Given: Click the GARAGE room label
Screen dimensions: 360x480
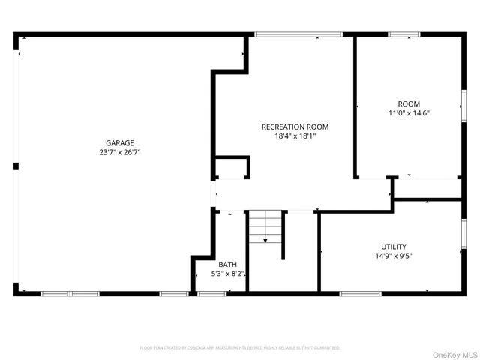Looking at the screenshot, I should (119, 142).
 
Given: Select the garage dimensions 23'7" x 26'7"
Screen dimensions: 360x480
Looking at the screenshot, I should (119, 152).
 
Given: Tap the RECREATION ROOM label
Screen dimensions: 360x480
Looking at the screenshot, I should (295, 127).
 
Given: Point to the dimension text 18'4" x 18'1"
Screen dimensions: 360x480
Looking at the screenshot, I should (295, 136).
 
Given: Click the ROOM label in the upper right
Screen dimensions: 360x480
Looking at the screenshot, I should (409, 103).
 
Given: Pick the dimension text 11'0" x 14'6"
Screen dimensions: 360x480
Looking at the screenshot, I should (409, 113).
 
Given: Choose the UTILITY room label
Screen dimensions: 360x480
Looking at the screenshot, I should (394, 247).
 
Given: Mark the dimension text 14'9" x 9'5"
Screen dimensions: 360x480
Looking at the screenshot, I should (394, 256).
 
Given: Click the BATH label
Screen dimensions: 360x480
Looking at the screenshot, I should (227, 264).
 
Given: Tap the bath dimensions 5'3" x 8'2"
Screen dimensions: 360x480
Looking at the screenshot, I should (227, 274).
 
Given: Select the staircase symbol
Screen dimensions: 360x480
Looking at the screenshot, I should (266, 227).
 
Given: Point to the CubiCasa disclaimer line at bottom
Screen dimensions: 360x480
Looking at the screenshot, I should (240, 348).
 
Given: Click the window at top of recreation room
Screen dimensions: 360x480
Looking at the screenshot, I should (298, 34).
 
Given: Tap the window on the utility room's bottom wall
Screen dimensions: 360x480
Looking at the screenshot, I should (361, 293).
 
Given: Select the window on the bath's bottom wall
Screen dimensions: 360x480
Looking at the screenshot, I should (212, 293).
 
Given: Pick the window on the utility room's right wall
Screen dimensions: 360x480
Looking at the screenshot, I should (463, 233).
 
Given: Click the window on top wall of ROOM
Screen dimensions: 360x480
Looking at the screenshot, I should (404, 34).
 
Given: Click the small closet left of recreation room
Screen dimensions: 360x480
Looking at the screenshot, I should (232, 169).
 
